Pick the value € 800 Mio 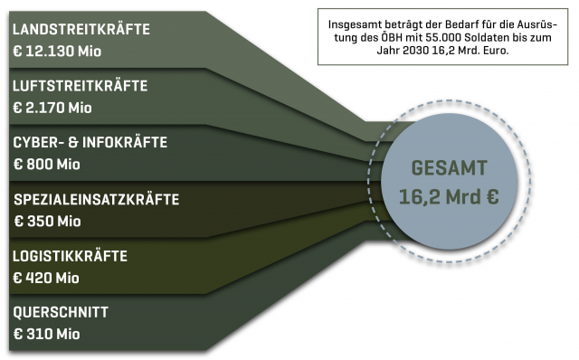pos(47,164)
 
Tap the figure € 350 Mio pos(47,220)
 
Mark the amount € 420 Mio pos(47,277)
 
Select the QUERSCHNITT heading pos(61,312)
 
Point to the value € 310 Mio pos(46,334)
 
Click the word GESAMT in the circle pos(450,167)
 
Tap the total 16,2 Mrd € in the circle pos(450,195)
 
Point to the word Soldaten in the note pos(473,37)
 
